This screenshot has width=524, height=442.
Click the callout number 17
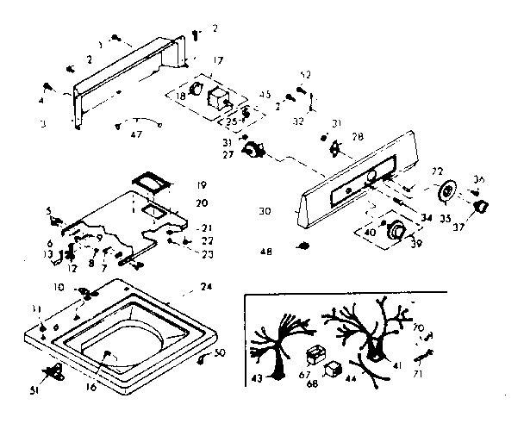tap(218, 60)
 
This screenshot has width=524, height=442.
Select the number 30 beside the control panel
tap(265, 209)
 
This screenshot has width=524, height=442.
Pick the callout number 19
tap(200, 184)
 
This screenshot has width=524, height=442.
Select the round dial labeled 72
tap(446, 191)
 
